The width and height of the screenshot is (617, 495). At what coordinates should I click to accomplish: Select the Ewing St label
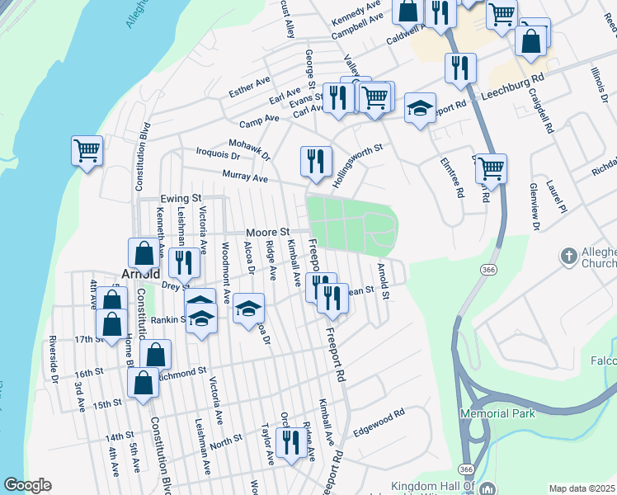[x=181, y=199]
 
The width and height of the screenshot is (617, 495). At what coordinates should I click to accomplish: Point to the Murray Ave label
[x=245, y=177]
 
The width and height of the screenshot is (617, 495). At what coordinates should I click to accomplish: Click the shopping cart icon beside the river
[x=87, y=151]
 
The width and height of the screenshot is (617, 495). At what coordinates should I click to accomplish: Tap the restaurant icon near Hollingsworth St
[x=316, y=161]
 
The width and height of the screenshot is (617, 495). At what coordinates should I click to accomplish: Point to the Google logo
[x=27, y=485]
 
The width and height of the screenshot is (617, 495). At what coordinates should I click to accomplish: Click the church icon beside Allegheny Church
[x=568, y=257]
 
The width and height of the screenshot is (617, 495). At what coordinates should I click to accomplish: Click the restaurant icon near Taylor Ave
[x=290, y=442]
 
